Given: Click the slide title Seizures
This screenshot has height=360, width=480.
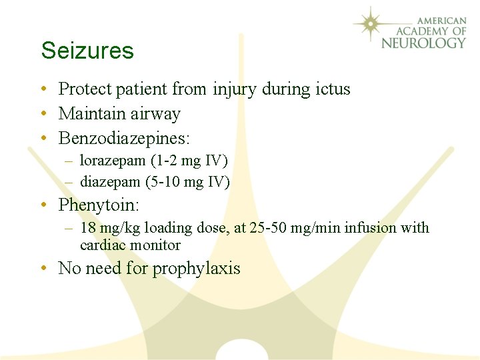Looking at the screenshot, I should point(87,51).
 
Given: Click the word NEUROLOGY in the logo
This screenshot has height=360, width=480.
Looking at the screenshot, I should point(423,43).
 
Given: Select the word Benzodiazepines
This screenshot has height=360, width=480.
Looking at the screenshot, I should point(123,139).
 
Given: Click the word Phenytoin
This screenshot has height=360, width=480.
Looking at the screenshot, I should point(97,204).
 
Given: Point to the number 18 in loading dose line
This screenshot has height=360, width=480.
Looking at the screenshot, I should point(87,228).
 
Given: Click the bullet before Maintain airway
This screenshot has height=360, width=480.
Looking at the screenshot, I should point(43,115).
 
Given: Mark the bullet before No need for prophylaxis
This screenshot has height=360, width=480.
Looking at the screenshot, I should point(43,269).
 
